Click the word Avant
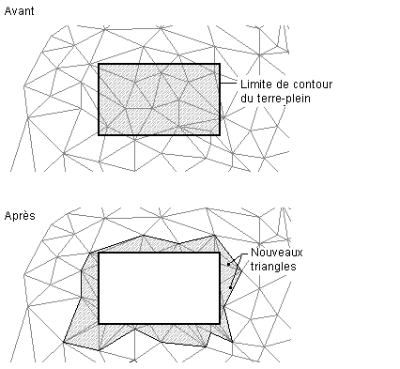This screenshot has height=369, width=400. [x=19, y=11]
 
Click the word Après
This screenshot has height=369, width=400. [x=20, y=216]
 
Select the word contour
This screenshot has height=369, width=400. [x=313, y=85]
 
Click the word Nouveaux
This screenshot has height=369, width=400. [x=277, y=253]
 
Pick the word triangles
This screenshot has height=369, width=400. [x=273, y=267]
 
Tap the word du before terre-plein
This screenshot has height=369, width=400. [x=247, y=99]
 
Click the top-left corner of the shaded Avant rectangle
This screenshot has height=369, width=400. [x=99, y=65]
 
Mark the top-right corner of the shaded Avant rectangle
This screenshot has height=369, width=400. [x=220, y=65]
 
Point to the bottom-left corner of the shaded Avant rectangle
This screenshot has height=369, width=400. [x=99, y=135]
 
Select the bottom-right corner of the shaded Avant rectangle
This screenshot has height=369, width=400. [x=220, y=135]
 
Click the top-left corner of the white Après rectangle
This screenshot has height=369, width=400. [x=99, y=253]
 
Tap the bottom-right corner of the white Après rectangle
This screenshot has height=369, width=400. [x=220, y=323]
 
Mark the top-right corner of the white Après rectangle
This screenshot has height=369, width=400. [x=220, y=253]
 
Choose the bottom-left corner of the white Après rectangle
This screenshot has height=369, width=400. [x=99, y=323]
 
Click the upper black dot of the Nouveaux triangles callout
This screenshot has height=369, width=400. [x=229, y=265]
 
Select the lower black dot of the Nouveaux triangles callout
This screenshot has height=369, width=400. [x=231, y=287]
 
